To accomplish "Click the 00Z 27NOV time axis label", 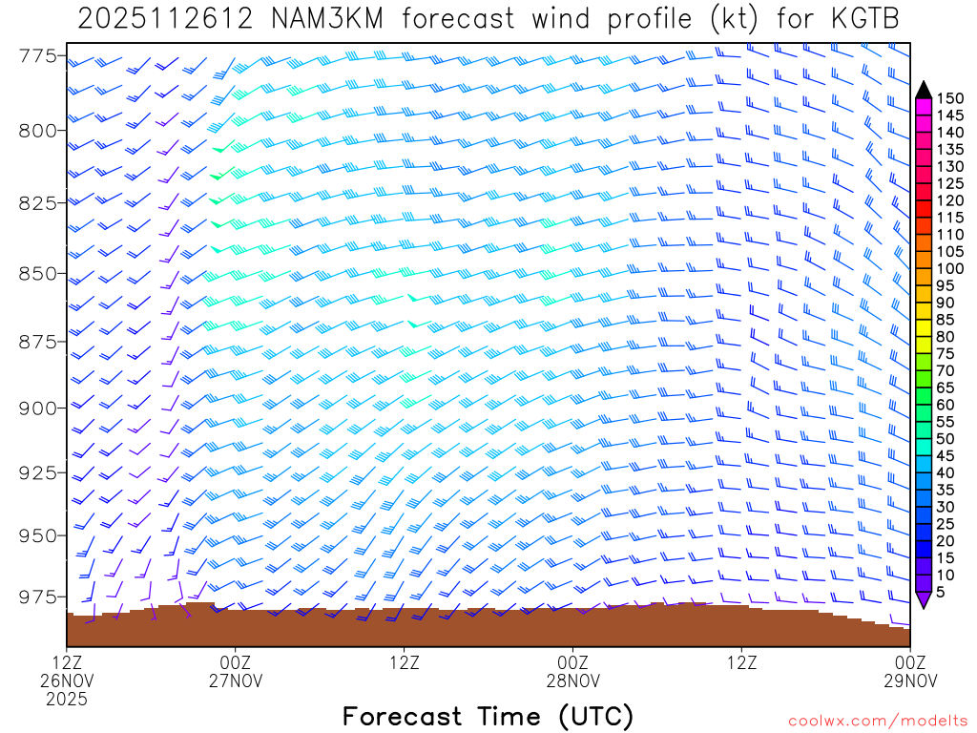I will pos(236,672).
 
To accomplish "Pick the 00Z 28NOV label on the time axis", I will pos(573,672).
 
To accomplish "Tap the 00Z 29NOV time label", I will pos(910,672).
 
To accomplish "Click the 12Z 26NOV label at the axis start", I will pos(67,672).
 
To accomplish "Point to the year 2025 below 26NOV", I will pos(67,699).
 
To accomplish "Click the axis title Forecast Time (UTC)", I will pos(488,716).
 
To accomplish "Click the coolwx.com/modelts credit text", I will pos(877,721).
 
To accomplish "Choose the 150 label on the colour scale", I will pos(950,98).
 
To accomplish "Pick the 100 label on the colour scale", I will pos(950,269).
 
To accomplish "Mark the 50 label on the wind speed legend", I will pos(946,439).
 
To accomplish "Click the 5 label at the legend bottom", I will pos(942,593).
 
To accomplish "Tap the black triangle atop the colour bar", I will pos(923,91).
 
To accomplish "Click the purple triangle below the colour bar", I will pos(923,599).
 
